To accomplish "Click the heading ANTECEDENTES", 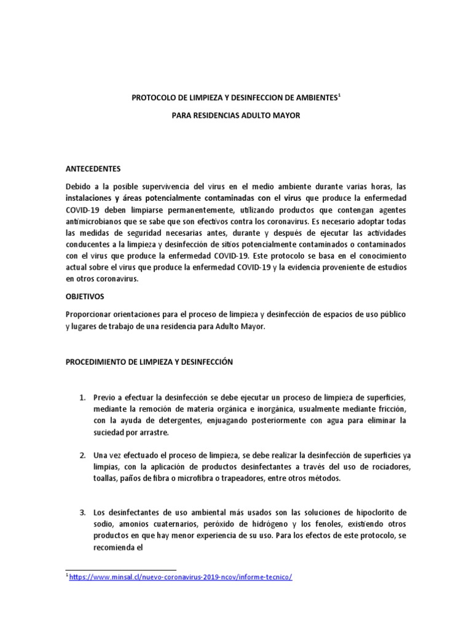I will (93, 168).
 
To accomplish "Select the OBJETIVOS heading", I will (85, 296).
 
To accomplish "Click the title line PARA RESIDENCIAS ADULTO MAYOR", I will (235, 115).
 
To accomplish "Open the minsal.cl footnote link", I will (181, 577).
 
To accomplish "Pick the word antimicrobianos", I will (94, 221).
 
